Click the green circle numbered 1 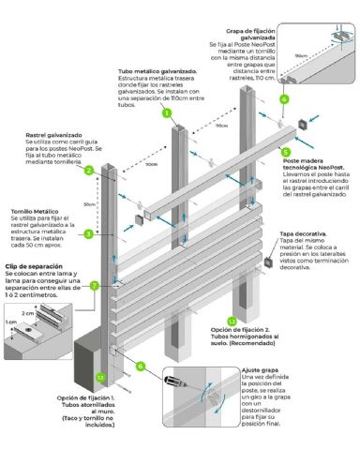(166, 112)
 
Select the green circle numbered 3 (88, 233)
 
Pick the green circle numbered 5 (285, 151)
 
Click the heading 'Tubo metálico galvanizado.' (157, 71)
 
